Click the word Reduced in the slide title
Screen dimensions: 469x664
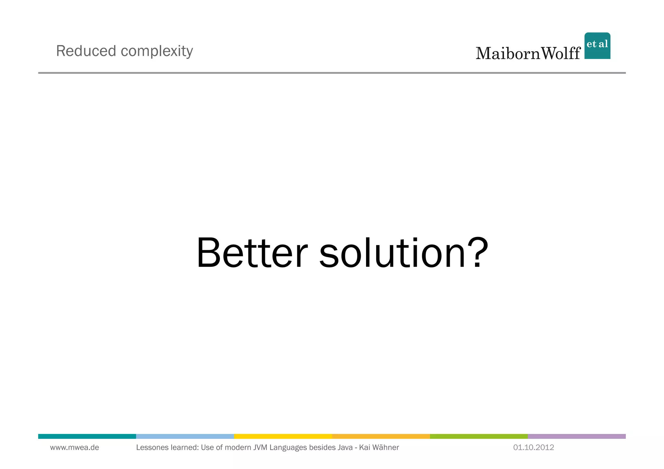tap(86, 51)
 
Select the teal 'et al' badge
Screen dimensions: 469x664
tap(597, 46)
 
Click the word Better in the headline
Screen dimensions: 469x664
tap(252, 253)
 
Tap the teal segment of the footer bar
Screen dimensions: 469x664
tap(87, 436)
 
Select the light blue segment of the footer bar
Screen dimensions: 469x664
tap(185, 436)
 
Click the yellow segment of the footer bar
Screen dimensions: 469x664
tap(283, 436)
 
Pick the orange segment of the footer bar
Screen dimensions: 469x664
tap(381, 436)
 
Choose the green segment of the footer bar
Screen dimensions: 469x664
tap(479, 436)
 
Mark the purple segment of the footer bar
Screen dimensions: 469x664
tap(576, 436)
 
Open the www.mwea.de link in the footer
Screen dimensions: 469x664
tap(75, 448)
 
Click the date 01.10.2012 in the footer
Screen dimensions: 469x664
tap(533, 448)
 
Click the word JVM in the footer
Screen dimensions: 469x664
tap(260, 448)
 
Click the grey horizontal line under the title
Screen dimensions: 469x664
tap(332, 73)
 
